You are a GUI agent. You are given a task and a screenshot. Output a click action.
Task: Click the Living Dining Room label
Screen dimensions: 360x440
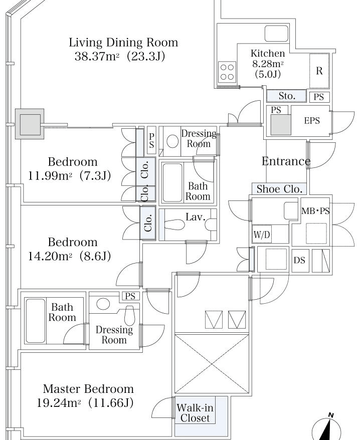[x=123, y=43]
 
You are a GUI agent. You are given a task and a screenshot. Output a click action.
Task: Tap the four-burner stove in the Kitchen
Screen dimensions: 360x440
[x=227, y=72]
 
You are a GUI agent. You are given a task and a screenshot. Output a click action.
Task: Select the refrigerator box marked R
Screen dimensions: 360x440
[x=319, y=71]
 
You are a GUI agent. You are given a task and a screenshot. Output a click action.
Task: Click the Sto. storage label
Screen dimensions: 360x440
[x=287, y=96]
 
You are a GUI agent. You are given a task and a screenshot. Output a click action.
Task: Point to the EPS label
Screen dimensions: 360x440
[x=312, y=120]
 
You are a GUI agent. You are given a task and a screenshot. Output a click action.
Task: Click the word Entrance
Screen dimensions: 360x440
[x=286, y=161]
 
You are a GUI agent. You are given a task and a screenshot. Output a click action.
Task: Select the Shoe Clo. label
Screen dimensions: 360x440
[x=279, y=189]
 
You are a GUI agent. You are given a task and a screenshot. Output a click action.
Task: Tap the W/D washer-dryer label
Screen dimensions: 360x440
[x=262, y=235]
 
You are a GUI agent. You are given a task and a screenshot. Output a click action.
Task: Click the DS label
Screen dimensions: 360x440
[x=299, y=260]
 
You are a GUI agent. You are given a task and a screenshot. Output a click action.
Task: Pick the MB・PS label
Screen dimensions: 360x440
[x=315, y=211]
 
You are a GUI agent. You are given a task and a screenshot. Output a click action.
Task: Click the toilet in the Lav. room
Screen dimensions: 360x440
[x=174, y=225]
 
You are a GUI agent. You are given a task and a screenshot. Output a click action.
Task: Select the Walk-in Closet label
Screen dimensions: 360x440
[x=195, y=413]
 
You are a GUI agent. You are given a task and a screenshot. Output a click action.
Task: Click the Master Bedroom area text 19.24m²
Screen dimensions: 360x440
[x=59, y=403]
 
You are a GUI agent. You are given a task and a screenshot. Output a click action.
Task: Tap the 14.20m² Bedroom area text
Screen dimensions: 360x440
[x=50, y=256]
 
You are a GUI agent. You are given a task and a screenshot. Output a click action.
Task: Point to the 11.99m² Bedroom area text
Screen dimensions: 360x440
[x=50, y=176]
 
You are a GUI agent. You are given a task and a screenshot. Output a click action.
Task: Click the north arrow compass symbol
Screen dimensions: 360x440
[x=327, y=428]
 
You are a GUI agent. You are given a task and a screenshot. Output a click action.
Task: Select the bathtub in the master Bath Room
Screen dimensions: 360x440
[x=36, y=320]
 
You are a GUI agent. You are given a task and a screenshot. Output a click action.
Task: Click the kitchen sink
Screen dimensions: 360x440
[x=277, y=34]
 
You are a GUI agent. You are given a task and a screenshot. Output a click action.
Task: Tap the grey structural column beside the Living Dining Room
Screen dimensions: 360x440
[x=30, y=124]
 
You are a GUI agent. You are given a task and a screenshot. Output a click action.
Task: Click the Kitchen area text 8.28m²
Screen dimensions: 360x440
[x=268, y=64]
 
